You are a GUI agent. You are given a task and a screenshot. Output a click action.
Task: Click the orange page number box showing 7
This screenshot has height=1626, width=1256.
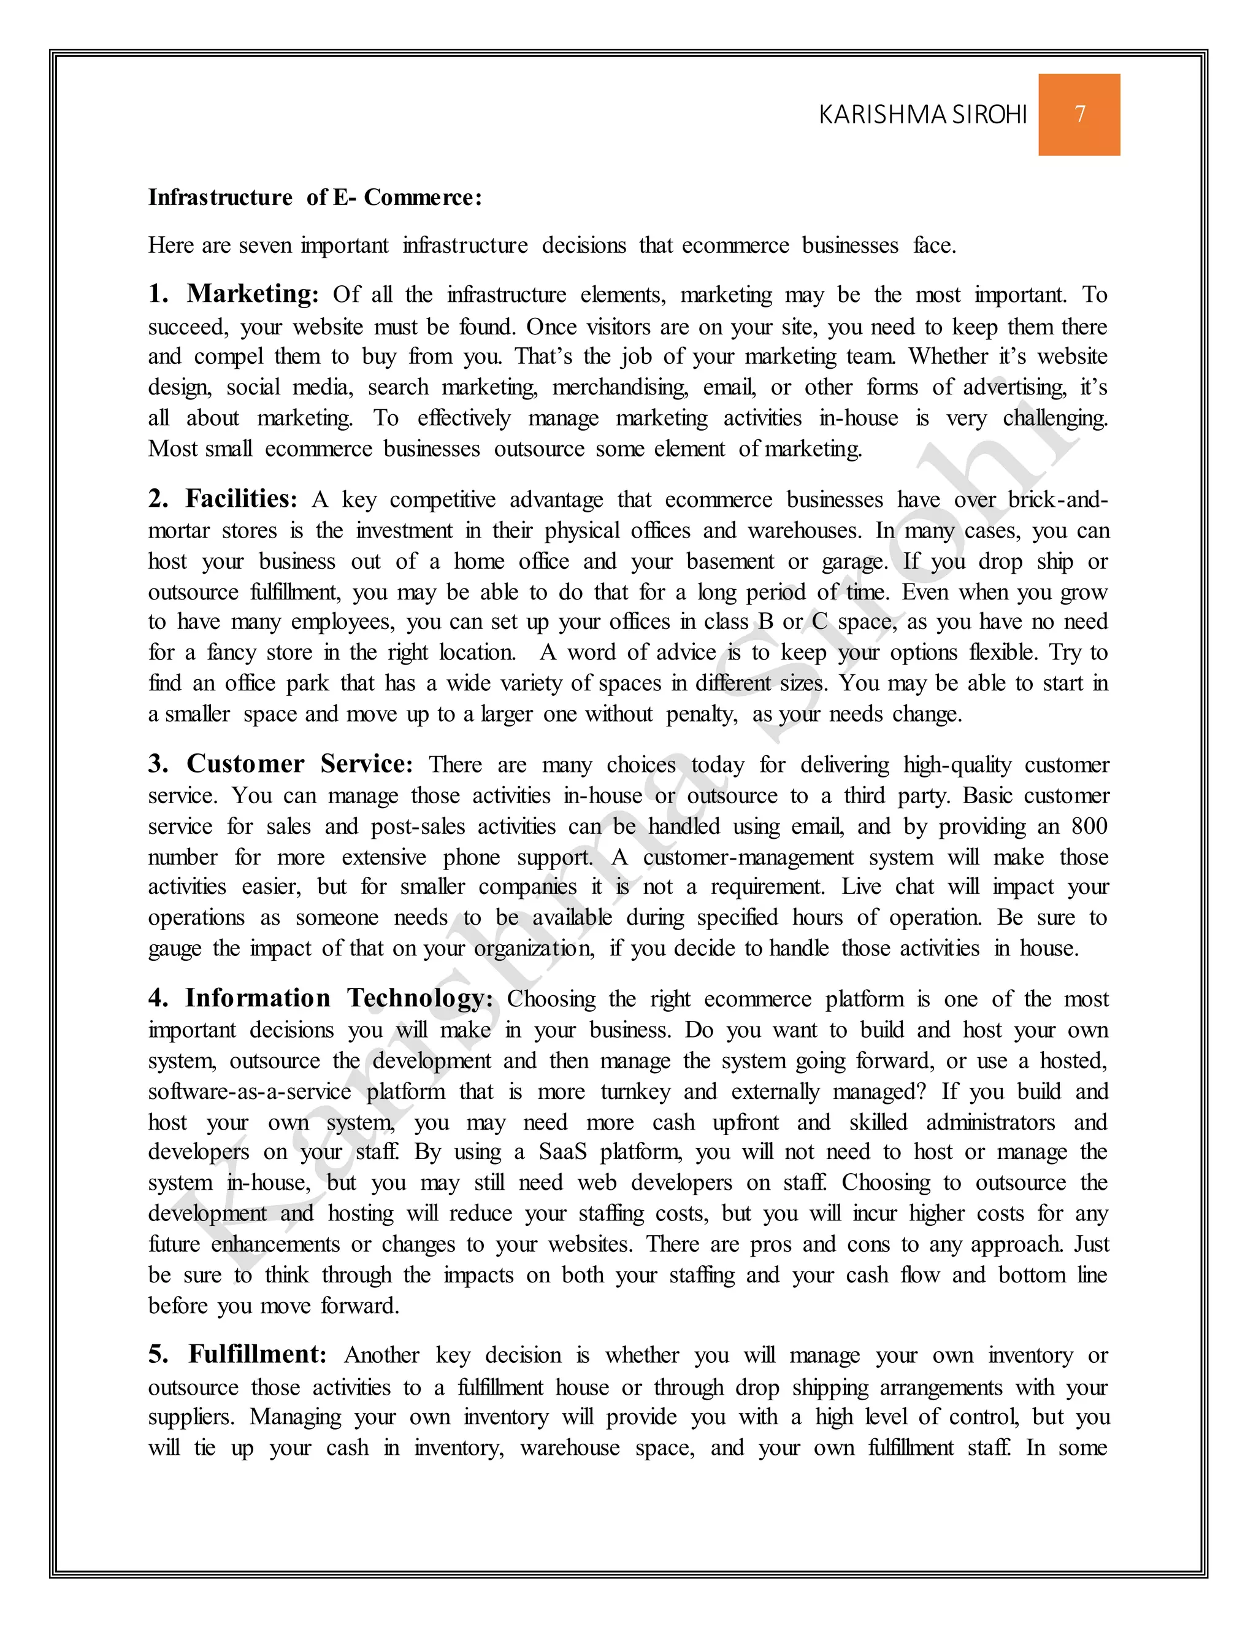pyautogui.click(x=1079, y=115)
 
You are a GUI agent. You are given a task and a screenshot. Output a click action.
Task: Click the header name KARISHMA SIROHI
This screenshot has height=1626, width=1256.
pyautogui.click(x=922, y=115)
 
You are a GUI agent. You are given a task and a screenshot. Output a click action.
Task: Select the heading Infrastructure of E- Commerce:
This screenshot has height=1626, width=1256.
pyautogui.click(x=315, y=198)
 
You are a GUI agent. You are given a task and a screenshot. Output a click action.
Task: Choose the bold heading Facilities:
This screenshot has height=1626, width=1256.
pyautogui.click(x=241, y=499)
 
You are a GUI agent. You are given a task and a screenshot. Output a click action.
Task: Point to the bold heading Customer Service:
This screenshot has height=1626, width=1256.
pyautogui.click(x=299, y=764)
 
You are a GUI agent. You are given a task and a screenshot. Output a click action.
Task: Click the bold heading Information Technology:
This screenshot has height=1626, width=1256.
pyautogui.click(x=339, y=998)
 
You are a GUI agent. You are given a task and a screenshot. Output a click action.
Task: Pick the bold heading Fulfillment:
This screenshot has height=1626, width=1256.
pyautogui.click(x=258, y=1354)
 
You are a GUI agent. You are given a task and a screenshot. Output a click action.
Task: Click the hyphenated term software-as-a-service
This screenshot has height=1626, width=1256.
pyautogui.click(x=249, y=1092)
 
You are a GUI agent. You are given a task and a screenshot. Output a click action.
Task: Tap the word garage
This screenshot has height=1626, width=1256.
pyautogui.click(x=854, y=562)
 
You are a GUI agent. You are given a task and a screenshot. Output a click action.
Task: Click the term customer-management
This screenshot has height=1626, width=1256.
pyautogui.click(x=748, y=858)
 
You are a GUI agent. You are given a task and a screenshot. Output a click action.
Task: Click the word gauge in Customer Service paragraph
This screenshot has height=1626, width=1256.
pyautogui.click(x=174, y=949)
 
